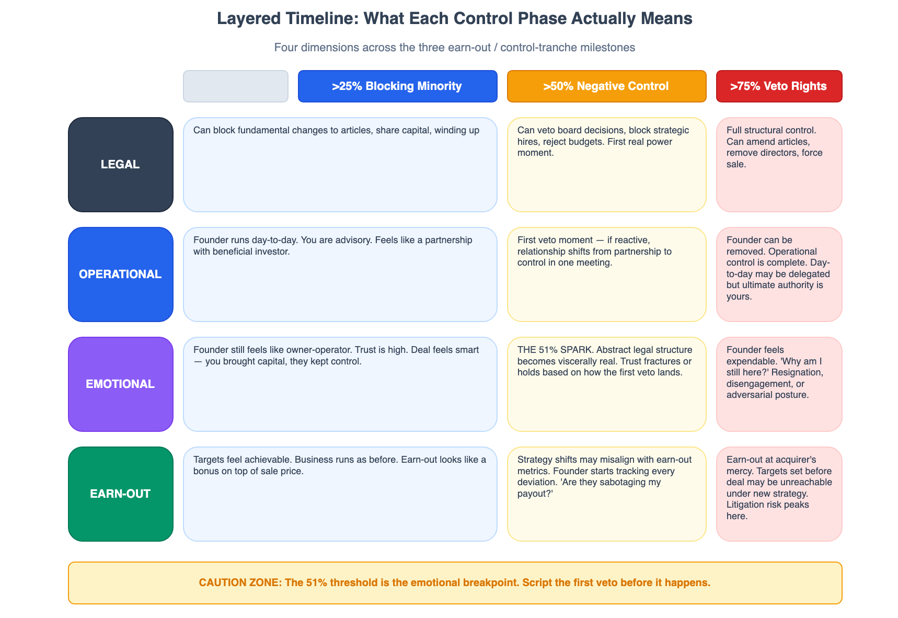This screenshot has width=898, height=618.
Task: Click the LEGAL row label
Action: [120, 164]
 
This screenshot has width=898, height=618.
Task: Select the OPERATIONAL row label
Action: [120, 274]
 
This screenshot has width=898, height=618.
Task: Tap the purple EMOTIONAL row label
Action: [120, 384]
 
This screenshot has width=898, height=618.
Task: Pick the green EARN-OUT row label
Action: [120, 494]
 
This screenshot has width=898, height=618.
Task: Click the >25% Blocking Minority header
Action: [397, 86]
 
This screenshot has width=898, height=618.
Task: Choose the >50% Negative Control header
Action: [606, 86]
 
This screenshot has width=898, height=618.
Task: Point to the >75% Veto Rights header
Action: [779, 86]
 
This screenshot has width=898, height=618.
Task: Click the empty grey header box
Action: [235, 86]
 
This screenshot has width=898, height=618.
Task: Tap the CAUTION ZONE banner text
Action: [455, 582]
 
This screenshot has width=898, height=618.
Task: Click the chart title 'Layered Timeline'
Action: [455, 18]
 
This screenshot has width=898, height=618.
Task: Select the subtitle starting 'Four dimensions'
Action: [455, 48]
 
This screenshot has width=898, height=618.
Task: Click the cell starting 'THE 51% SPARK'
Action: [606, 384]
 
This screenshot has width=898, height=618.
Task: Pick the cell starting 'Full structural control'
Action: [779, 164]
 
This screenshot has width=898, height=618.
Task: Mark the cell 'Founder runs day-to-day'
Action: [340, 274]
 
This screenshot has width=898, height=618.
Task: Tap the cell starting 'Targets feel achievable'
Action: [340, 494]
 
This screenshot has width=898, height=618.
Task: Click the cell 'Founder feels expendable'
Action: [779, 384]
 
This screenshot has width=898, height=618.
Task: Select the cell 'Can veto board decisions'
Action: [606, 164]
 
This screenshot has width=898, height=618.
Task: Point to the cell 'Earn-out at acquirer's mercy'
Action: [779, 494]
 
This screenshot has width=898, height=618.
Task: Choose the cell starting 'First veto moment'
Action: [606, 274]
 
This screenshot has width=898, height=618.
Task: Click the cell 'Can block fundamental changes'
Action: [340, 164]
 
